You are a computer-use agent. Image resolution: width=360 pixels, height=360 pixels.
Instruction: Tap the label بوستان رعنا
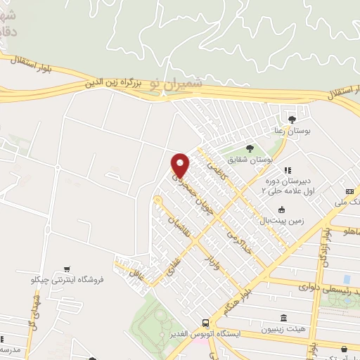tap(292, 131)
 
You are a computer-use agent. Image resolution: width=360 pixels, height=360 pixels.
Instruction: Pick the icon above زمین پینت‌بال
tap(281, 209)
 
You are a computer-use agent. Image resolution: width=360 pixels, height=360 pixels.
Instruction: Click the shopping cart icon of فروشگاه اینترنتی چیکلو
tap(66, 268)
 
